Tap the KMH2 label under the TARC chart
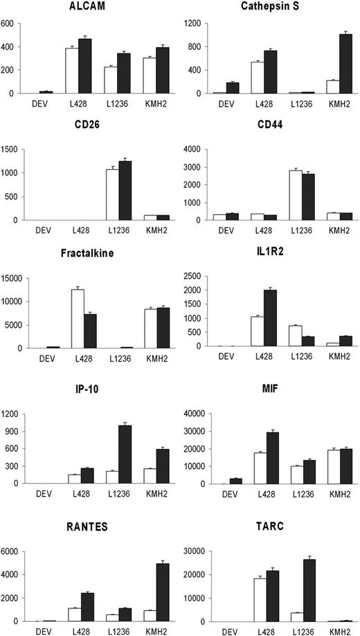(334, 630)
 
